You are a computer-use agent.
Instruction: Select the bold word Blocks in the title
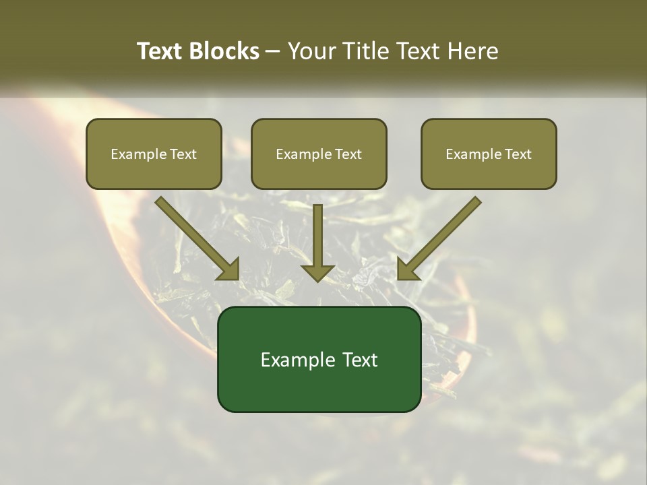[224, 51]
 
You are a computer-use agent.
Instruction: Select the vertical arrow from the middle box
[317, 239]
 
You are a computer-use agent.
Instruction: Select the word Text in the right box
[518, 154]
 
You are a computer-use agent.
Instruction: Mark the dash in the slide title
[273, 52]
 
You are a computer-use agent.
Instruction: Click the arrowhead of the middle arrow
[317, 271]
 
